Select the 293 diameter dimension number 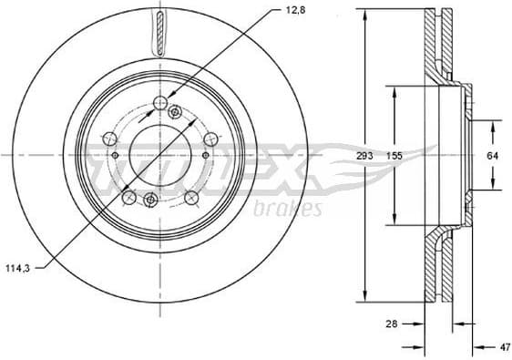tap(364, 157)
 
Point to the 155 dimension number tap(394, 157)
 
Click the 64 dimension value tap(493, 157)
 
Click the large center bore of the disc tap(159, 152)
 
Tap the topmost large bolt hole tap(160, 102)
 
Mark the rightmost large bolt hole tap(210, 139)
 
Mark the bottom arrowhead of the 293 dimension tap(364, 300)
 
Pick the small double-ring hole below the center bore tap(151, 201)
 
